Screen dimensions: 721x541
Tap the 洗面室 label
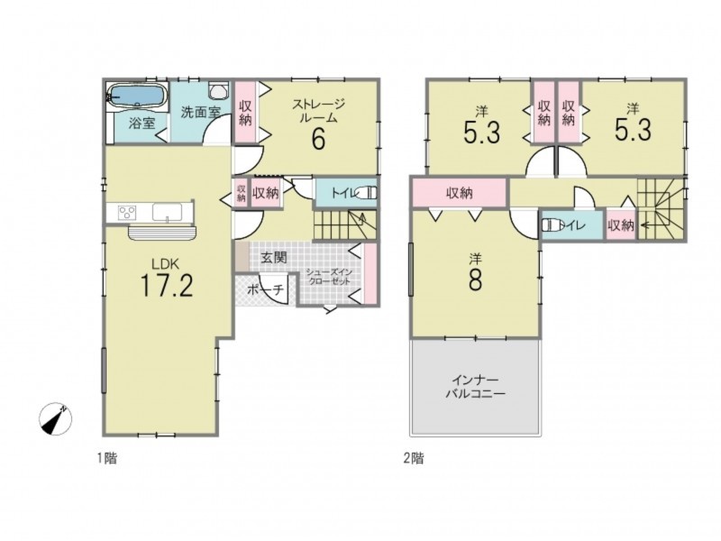click(199, 112)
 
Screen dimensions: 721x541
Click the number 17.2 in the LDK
click(167, 285)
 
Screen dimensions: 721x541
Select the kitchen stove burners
click(127, 213)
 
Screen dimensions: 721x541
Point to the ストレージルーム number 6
click(318, 139)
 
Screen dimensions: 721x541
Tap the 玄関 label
click(274, 257)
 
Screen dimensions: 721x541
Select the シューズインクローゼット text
click(330, 277)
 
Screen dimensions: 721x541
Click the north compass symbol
click(56, 419)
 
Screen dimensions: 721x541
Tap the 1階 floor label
click(106, 458)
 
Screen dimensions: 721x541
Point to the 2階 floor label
click(414, 458)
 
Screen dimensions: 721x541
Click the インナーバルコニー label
click(475, 388)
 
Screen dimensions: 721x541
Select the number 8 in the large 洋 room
click(475, 280)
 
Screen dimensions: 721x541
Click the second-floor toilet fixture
click(551, 225)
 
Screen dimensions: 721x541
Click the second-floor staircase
click(661, 208)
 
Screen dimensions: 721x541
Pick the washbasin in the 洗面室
click(218, 90)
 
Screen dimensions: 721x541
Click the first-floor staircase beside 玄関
click(345, 225)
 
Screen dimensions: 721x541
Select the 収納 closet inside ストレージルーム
click(245, 112)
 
